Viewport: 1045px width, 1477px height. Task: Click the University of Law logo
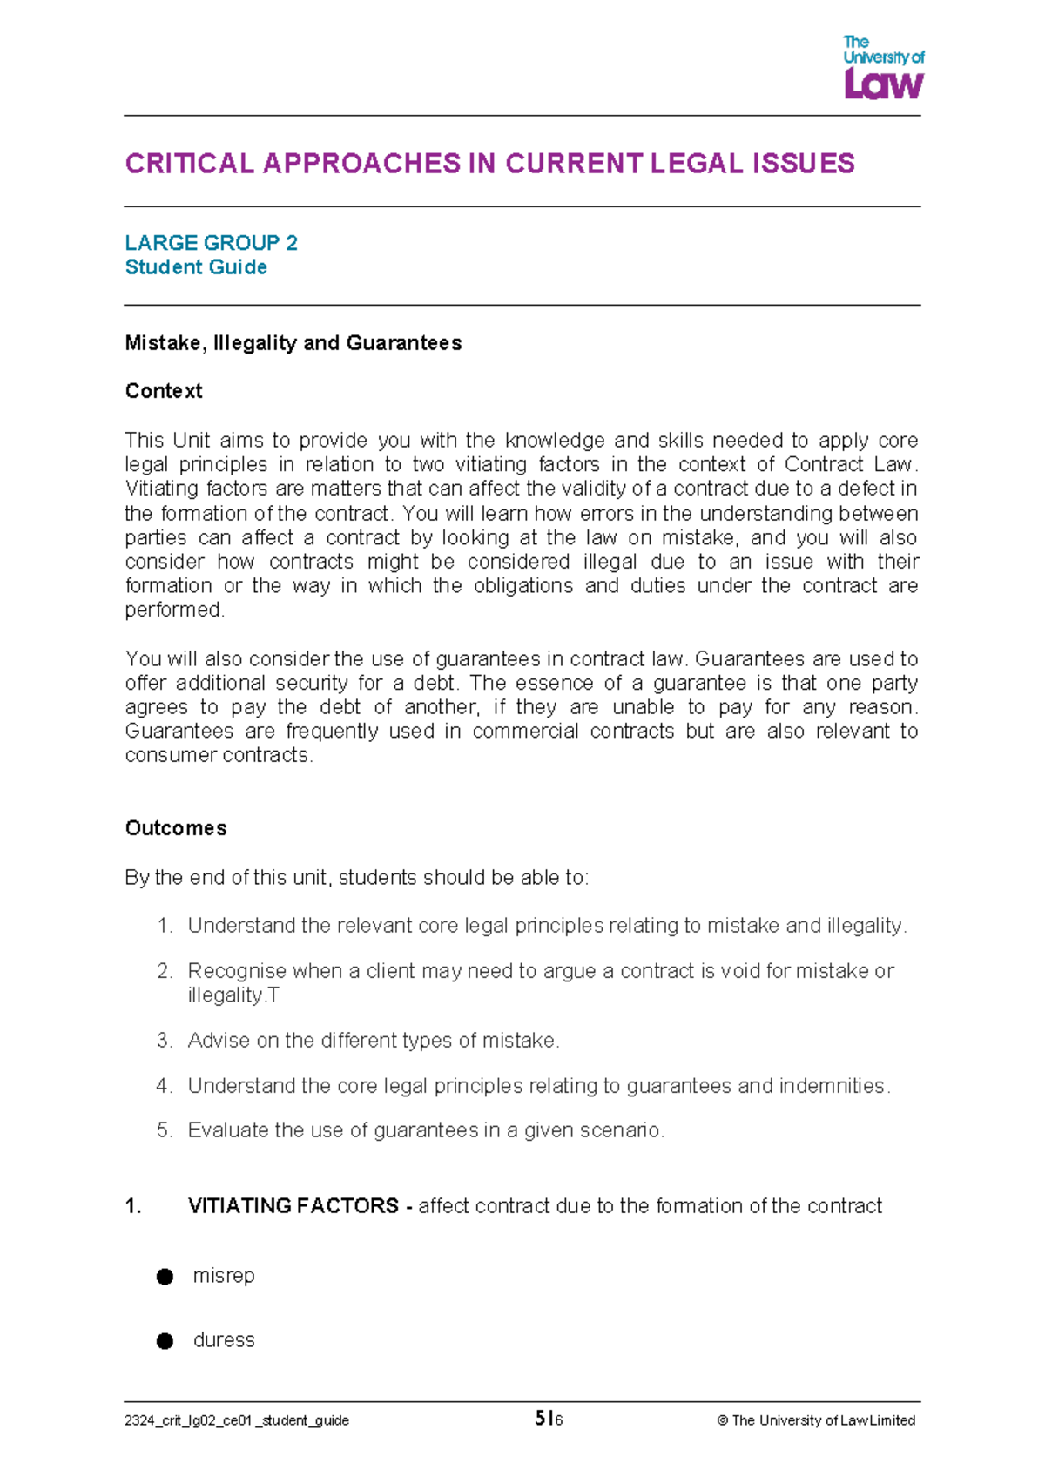883,67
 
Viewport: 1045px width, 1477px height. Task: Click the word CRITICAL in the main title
189,164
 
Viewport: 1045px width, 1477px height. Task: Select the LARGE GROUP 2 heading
211,243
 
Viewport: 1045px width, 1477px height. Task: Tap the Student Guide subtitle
196,267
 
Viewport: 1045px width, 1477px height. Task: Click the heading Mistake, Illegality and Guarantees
293,343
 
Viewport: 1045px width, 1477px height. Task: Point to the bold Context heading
164,391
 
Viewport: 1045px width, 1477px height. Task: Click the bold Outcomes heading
176,828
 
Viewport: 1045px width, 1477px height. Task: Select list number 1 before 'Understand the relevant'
165,926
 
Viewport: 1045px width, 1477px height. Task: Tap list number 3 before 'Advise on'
165,1041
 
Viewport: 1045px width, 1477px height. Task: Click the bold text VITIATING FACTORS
293,1206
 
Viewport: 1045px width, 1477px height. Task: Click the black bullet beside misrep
165,1277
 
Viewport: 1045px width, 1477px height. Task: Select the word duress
224,1340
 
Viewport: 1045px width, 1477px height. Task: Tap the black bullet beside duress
165,1341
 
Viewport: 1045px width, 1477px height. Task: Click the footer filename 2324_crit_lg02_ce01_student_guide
237,1420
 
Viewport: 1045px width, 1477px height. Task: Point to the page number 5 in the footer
541,1419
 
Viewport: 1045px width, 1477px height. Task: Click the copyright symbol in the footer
722,1420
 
